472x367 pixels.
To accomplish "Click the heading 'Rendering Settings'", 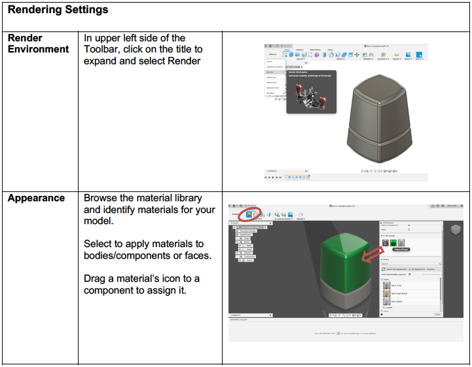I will coord(58,10).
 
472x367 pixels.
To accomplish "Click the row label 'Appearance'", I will coord(36,198).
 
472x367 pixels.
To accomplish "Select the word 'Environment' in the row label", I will coord(38,49).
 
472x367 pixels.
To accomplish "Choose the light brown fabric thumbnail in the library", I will coord(387,294).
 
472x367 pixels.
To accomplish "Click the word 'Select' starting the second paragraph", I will coord(98,243).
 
